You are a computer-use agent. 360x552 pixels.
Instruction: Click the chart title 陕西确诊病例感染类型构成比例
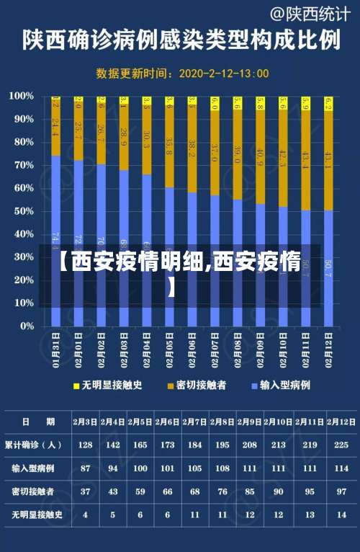pyautogui.click(x=181, y=40)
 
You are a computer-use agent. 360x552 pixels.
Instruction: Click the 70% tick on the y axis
pyautogui.click(x=22, y=165)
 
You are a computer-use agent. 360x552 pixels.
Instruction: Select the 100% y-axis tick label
pyautogui.click(x=20, y=96)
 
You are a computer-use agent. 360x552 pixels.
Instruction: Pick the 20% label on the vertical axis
pyautogui.click(x=22, y=280)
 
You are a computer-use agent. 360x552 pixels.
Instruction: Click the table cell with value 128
pyautogui.click(x=86, y=445)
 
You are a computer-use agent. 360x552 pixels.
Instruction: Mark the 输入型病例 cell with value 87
pyautogui.click(x=86, y=468)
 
